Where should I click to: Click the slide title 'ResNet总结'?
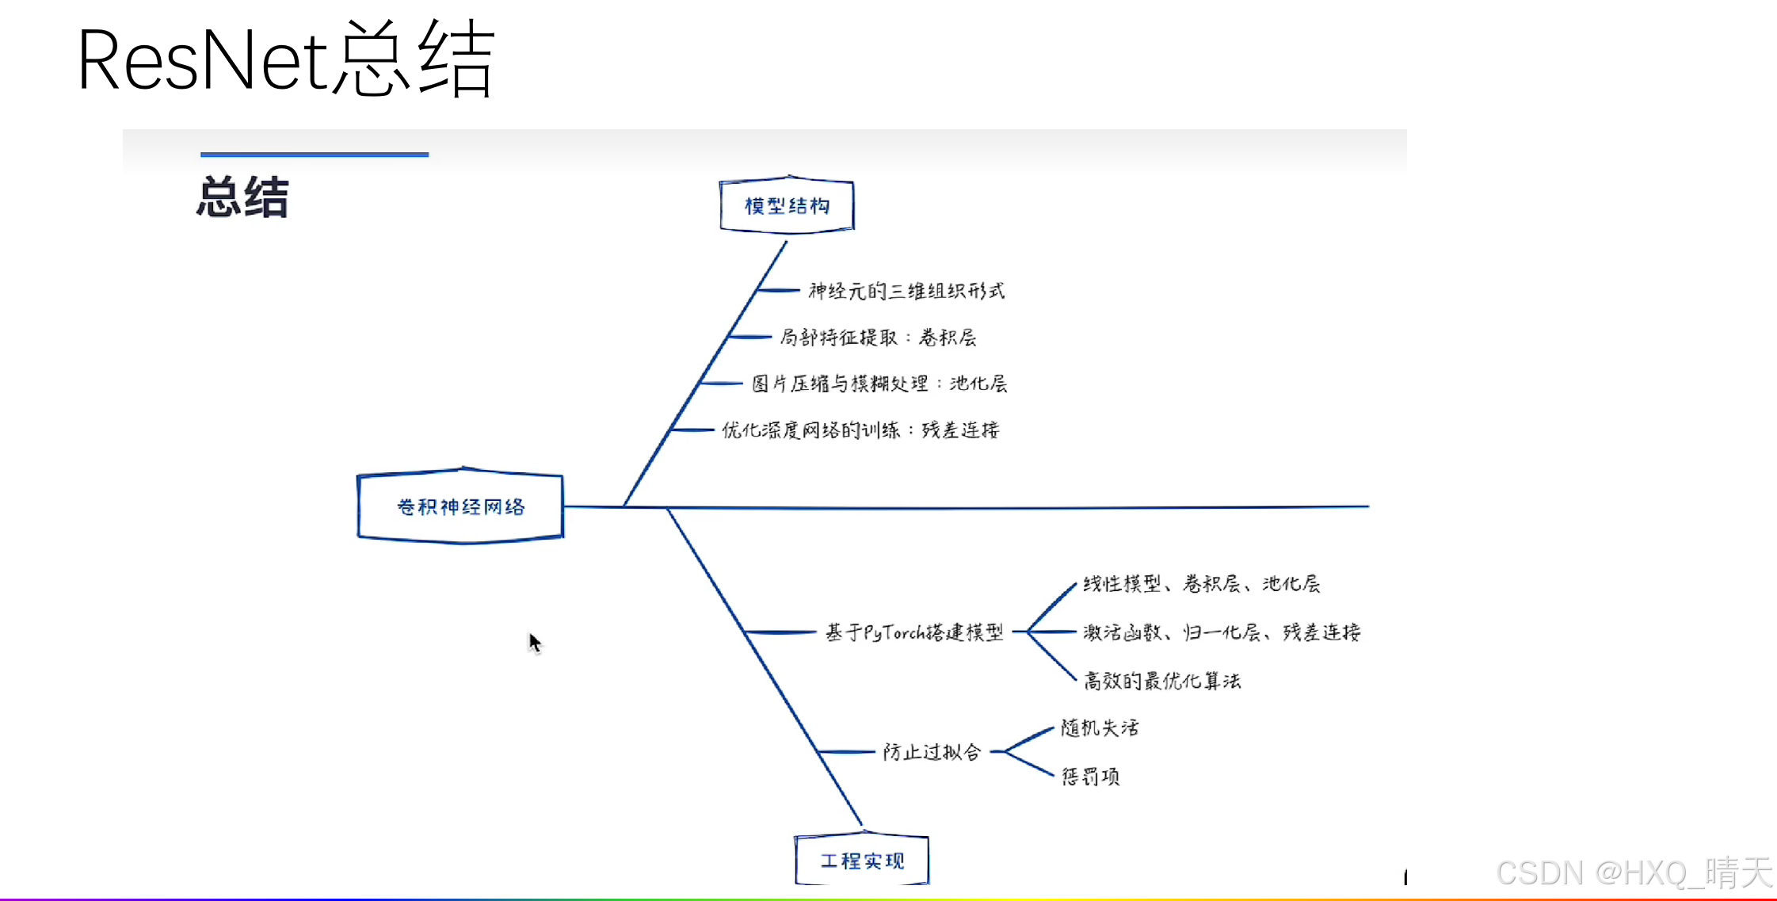pos(285,60)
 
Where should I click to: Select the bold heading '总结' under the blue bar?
pos(242,197)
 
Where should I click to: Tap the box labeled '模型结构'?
pos(787,206)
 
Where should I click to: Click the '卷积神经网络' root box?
pos(460,506)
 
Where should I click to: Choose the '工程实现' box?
pos(862,861)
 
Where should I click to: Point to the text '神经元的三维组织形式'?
pos(906,292)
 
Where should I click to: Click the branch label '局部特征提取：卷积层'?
pos(878,338)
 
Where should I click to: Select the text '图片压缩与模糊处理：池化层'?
pos(879,384)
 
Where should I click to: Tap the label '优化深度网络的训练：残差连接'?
pos(860,430)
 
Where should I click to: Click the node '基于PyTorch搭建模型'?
pos(914,632)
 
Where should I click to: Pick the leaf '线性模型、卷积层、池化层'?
pos(1201,584)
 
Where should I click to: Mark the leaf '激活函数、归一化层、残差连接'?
pos(1222,632)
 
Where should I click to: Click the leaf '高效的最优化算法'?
pos(1162,681)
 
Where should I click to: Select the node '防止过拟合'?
pos(932,752)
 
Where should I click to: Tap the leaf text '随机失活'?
pos(1100,727)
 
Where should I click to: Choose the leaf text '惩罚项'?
pos(1090,777)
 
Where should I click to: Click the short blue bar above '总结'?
pos(315,155)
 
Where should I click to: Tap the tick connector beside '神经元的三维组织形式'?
pos(778,291)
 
